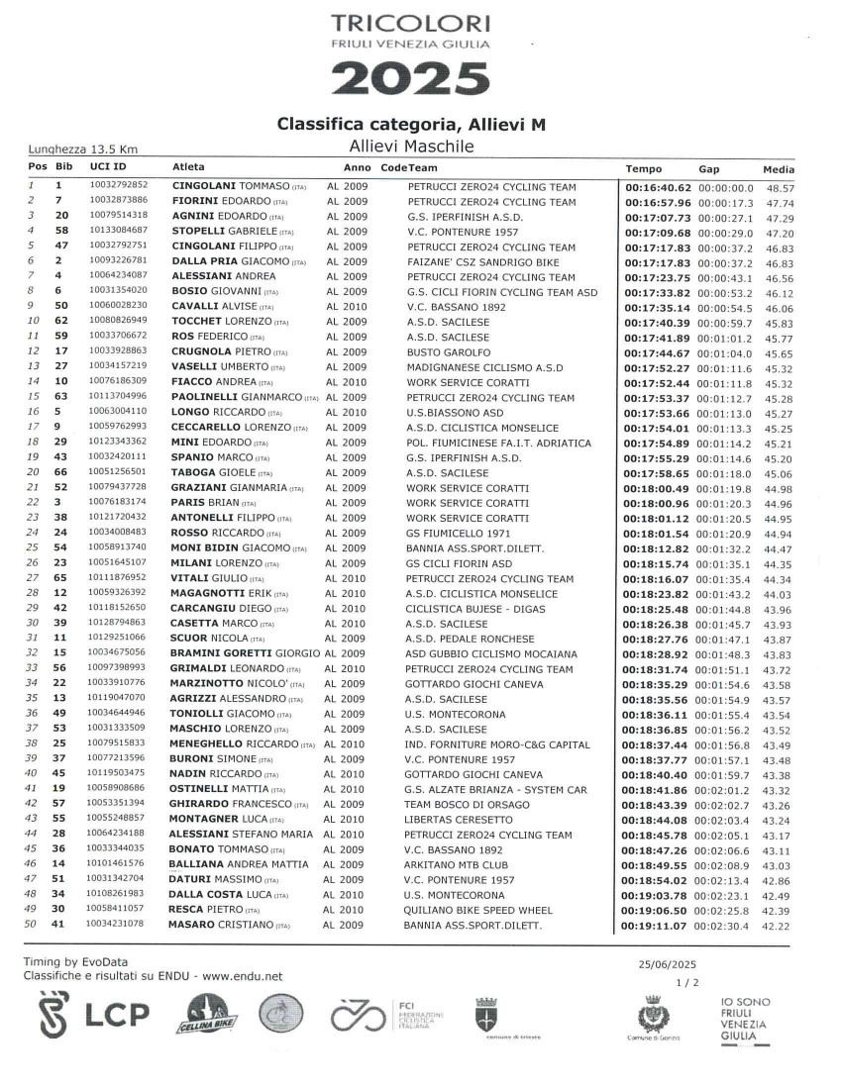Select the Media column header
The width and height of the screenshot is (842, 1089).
pyautogui.click(x=780, y=169)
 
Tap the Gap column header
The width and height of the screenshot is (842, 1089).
pyautogui.click(x=709, y=169)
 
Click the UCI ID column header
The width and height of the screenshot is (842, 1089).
pyautogui.click(x=108, y=168)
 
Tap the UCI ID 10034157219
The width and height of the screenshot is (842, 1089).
pyautogui.click(x=118, y=366)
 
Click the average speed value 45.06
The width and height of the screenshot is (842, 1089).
pyautogui.click(x=780, y=472)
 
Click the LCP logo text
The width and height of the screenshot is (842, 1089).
pyautogui.click(x=116, y=1016)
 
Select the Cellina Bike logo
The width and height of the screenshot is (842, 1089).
pyautogui.click(x=206, y=1017)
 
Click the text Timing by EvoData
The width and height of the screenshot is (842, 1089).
pyautogui.click(x=74, y=961)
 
